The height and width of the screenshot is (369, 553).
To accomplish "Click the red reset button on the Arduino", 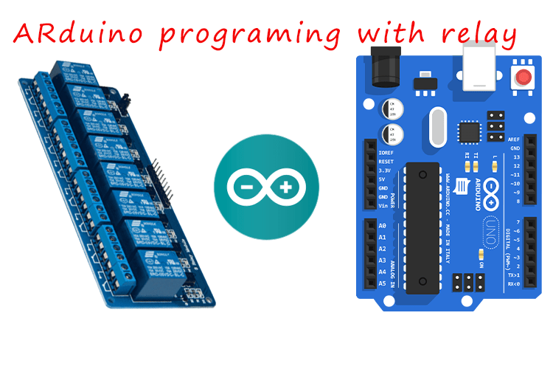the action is point(524,77).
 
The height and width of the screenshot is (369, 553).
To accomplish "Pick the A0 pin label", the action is point(381,225).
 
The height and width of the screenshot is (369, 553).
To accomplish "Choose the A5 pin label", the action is point(381,283).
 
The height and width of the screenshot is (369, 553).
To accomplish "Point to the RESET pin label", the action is point(386,161).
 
